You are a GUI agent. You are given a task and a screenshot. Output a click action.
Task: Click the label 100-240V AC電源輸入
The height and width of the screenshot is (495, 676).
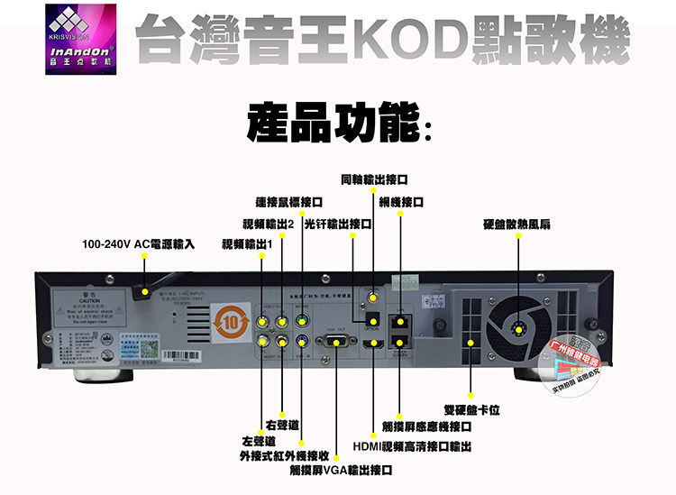(138, 244)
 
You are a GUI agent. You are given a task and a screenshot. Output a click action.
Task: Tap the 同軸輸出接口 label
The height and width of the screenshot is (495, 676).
(375, 179)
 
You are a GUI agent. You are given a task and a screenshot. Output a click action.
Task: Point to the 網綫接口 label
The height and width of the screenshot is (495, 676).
(402, 202)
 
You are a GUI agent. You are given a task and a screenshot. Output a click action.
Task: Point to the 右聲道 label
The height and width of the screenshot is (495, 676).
(282, 425)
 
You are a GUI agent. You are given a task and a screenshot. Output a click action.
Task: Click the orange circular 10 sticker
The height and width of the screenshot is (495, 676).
(228, 319)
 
